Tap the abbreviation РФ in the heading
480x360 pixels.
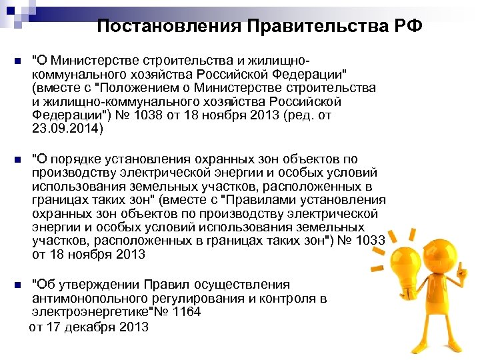405,26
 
